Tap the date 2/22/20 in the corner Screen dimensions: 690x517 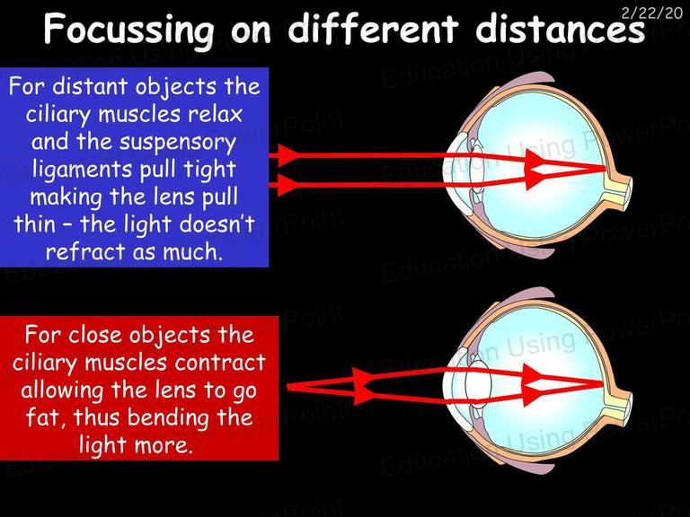[651, 13]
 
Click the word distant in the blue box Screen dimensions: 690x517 [90, 86]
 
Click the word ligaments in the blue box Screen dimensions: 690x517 [84, 171]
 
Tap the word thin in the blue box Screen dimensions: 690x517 [34, 223]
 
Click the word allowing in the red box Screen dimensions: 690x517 [62, 390]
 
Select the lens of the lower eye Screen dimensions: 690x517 [479, 386]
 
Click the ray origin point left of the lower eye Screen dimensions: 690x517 [288, 387]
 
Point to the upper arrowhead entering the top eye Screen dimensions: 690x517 [287, 155]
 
